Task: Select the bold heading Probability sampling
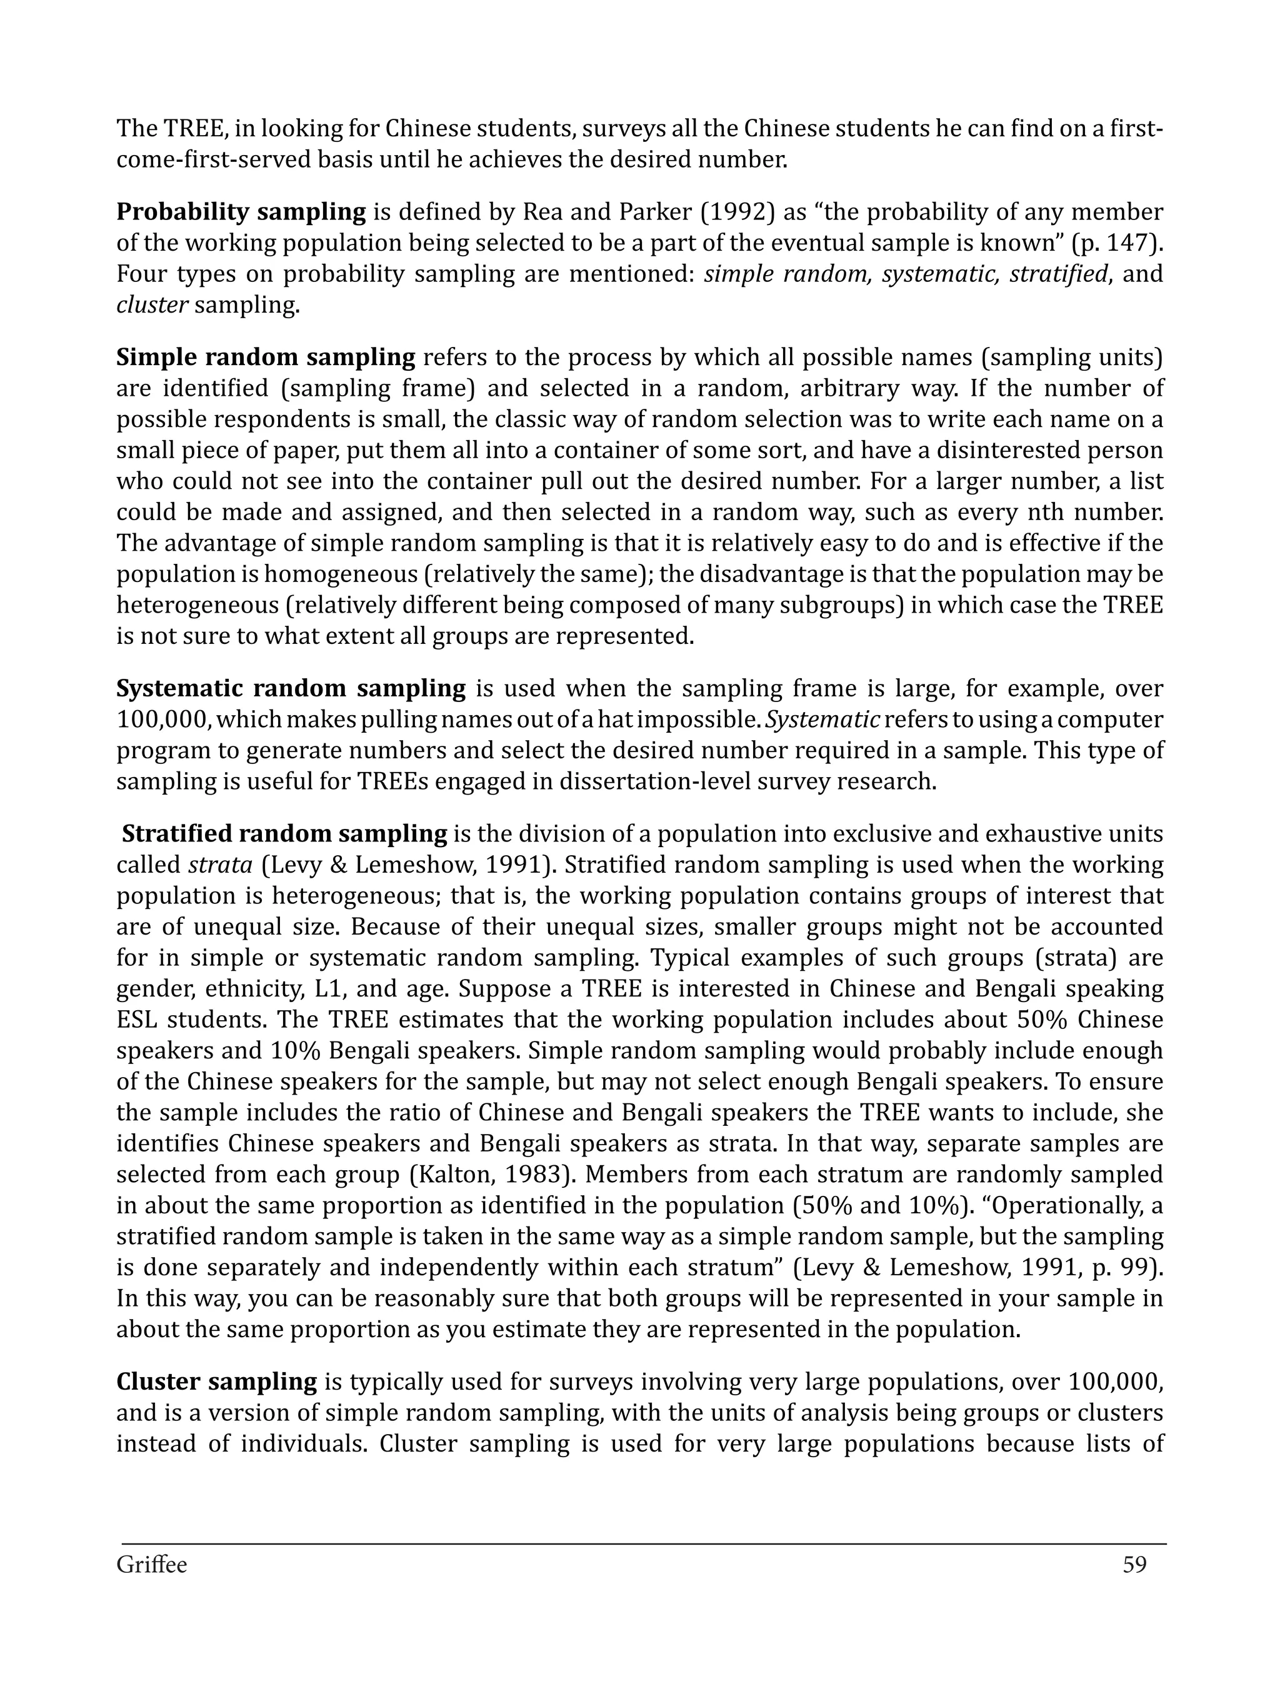click(241, 211)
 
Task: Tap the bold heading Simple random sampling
click(265, 358)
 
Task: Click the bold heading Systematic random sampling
click(291, 688)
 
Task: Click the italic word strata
click(221, 865)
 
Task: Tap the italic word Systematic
click(822, 720)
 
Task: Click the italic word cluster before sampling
click(151, 305)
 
